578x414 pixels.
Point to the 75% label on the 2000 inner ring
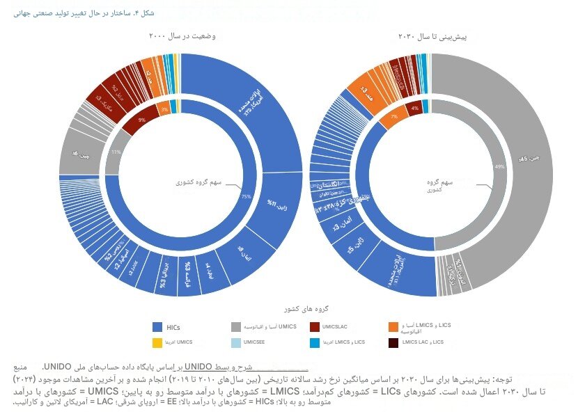tap(246, 197)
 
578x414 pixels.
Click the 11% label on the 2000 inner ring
tap(116, 151)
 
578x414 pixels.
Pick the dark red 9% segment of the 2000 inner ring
tap(142, 120)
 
